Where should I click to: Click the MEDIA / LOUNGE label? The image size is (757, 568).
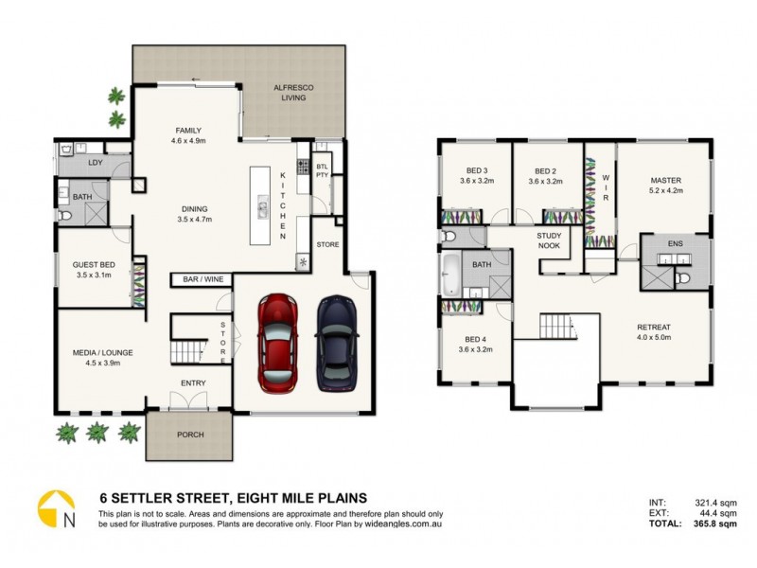(x=102, y=353)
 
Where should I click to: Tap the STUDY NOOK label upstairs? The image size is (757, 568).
(x=549, y=240)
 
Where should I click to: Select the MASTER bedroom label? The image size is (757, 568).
(x=665, y=180)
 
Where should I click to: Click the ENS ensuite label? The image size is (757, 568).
(x=675, y=244)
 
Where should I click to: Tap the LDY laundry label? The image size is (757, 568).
(x=95, y=163)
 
